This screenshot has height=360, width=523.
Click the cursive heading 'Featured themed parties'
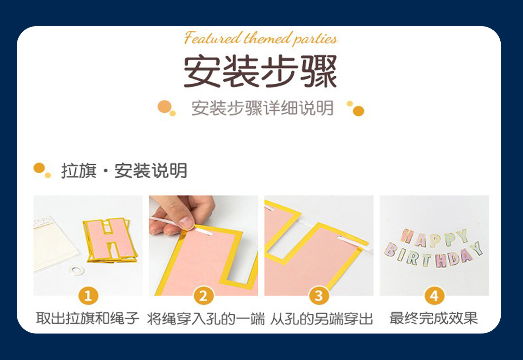pyautogui.click(x=261, y=38)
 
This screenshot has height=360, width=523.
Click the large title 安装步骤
pyautogui.click(x=260, y=71)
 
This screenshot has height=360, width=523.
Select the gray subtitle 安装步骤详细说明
pyautogui.click(x=263, y=108)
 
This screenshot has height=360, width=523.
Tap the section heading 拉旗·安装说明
pyautogui.click(x=124, y=171)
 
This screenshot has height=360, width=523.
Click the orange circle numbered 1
pyautogui.click(x=88, y=296)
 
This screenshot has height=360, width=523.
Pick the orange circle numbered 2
pyautogui.click(x=204, y=296)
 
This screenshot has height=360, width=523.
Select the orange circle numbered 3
pyautogui.click(x=319, y=296)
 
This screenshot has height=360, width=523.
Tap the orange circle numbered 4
pyautogui.click(x=434, y=296)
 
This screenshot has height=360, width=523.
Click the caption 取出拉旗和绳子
pyautogui.click(x=88, y=318)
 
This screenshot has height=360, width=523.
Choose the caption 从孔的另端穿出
pyautogui.click(x=321, y=318)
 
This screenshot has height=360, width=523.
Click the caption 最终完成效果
pyautogui.click(x=434, y=318)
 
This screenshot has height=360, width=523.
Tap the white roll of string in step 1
pyautogui.click(x=77, y=270)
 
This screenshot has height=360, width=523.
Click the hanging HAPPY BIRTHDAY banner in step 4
pyautogui.click(x=433, y=248)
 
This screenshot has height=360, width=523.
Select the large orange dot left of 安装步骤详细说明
pyautogui.click(x=165, y=106)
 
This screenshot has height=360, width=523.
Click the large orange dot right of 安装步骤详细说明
pyautogui.click(x=359, y=111)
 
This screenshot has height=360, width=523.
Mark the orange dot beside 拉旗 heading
pyautogui.click(x=39, y=168)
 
